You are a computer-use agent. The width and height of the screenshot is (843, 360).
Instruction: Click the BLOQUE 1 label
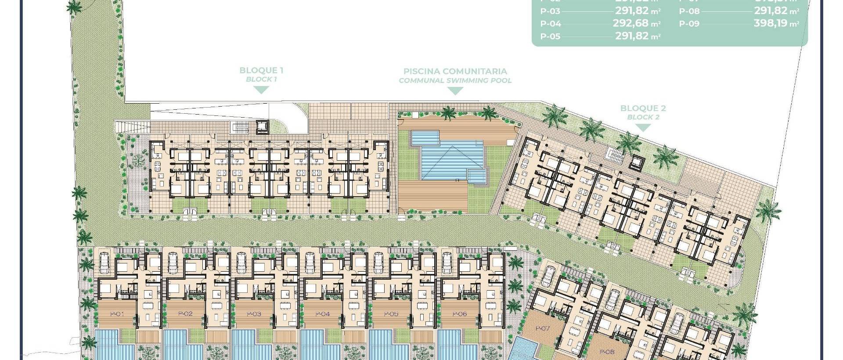[261, 70]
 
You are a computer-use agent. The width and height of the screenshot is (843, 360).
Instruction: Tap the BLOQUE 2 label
[643, 108]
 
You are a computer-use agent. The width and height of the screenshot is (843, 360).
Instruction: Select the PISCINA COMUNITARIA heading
[455, 71]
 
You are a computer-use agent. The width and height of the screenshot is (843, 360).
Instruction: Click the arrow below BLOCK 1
[262, 90]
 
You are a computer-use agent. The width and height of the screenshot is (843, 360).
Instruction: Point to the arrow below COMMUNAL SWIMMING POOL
[455, 91]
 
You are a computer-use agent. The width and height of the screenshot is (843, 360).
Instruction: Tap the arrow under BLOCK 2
[643, 128]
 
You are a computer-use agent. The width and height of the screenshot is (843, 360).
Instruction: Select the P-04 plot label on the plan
[322, 314]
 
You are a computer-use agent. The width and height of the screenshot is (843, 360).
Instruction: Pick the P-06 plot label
[459, 314]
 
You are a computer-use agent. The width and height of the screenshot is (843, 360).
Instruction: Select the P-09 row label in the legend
[689, 24]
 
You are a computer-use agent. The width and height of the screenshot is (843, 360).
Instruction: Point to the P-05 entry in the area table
[550, 36]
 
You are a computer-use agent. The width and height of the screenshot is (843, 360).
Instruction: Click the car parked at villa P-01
[104, 263]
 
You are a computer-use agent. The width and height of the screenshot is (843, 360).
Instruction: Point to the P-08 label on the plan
[607, 352]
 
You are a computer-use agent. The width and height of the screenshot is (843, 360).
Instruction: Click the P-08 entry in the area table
[689, 11]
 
